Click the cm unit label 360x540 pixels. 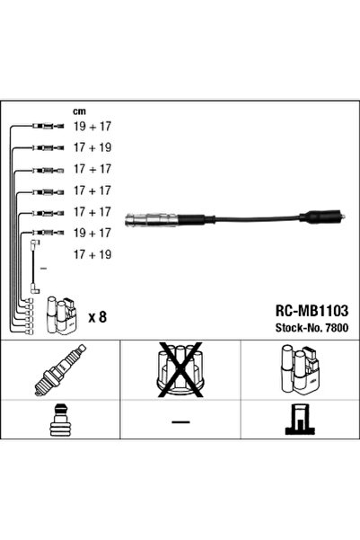coord(79,111)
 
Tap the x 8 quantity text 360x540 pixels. coord(97,316)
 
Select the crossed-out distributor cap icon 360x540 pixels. coord(180,370)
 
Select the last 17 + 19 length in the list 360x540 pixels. coord(92,253)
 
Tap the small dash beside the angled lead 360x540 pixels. coord(43,268)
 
